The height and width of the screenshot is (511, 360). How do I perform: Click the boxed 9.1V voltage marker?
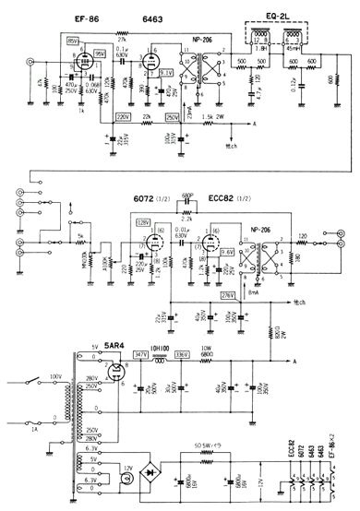point(166,72)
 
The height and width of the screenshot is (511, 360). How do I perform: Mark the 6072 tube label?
point(146,200)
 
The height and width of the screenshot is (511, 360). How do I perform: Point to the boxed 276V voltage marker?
point(226,292)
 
